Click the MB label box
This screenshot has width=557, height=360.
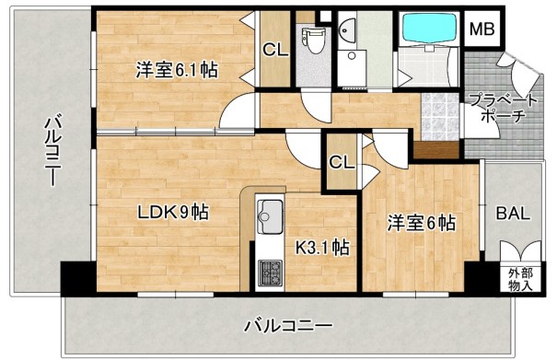[x=482, y=29]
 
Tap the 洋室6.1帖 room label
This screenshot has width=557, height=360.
[x=178, y=69]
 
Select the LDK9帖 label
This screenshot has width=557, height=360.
[x=173, y=213]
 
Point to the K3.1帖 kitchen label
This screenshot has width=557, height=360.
[x=320, y=247]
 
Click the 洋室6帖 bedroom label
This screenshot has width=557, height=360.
[x=421, y=222]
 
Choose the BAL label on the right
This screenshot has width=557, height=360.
[x=513, y=214]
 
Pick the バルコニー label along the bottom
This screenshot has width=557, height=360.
[x=288, y=325]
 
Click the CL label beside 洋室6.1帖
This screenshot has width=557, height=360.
[x=274, y=50]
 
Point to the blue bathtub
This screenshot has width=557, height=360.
[x=428, y=29]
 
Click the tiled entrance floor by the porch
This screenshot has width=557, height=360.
[x=440, y=117]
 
